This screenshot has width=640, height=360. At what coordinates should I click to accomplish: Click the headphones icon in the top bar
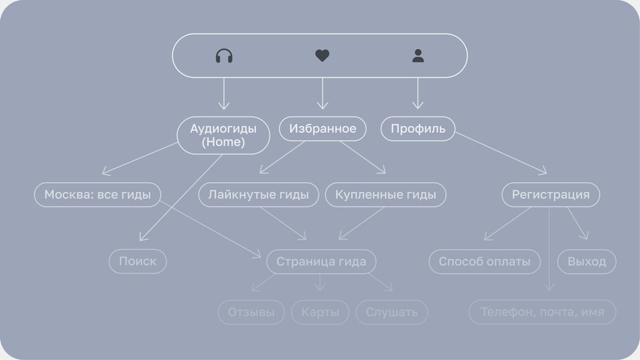224,55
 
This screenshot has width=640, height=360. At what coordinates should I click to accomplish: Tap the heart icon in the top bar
322,55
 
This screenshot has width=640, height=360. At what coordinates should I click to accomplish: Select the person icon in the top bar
417,55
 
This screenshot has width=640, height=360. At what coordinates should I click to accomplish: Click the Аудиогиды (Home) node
223,135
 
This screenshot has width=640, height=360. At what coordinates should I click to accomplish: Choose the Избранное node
323,129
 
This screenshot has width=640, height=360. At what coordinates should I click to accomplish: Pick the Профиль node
418,129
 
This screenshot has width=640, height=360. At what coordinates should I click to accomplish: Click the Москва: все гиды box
97,194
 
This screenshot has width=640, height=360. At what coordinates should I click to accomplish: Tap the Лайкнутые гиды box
258,194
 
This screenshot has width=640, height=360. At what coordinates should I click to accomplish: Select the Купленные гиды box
385,194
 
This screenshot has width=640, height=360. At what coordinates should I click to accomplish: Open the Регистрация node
550,194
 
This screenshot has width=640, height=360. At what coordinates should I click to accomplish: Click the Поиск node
138,261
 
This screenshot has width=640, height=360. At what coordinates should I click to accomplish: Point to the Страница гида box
321,261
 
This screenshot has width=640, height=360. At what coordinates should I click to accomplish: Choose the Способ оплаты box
484,261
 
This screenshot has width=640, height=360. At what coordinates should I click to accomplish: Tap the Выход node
587,261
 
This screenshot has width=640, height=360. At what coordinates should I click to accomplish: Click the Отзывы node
251,312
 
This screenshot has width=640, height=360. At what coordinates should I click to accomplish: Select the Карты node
320,312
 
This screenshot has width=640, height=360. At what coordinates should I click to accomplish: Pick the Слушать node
392,312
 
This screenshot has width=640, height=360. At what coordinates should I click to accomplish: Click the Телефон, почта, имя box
543,312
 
